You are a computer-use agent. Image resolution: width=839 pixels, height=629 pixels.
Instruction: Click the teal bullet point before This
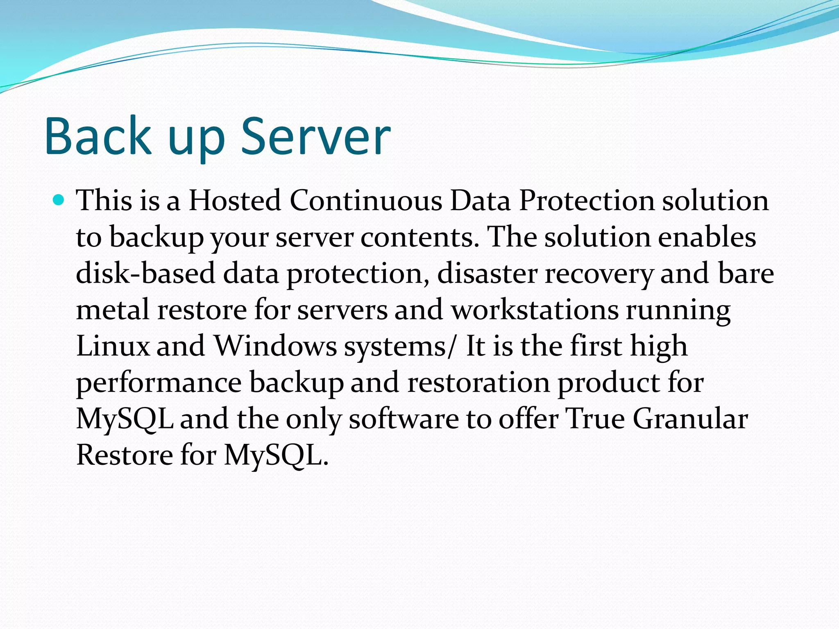pos(59,200)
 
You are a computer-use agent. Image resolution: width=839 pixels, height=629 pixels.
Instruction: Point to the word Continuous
pos(366,201)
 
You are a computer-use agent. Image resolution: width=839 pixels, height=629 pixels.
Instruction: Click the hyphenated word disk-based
pos(145,273)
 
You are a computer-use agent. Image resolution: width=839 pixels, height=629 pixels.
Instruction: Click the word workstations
pos(535,310)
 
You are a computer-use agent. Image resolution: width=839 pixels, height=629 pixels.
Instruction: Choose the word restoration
pos(478,382)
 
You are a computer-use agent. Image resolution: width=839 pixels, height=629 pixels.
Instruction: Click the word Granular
pos(690,419)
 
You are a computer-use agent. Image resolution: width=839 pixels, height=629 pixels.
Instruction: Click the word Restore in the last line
pos(125,455)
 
